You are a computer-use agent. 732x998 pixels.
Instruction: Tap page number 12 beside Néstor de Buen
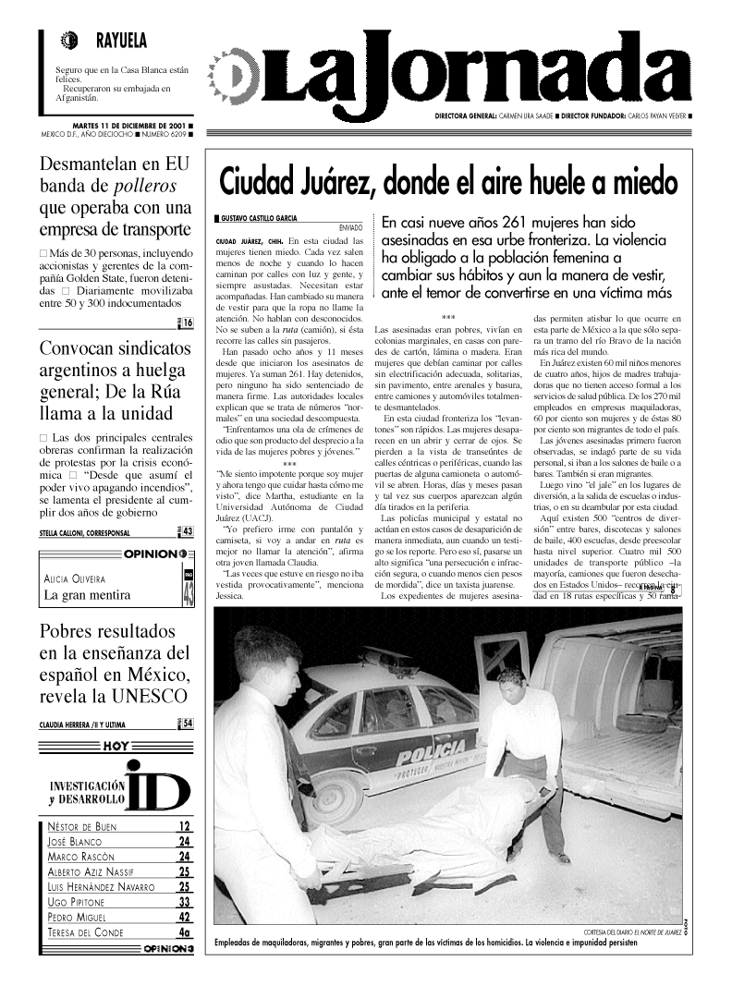tap(184, 827)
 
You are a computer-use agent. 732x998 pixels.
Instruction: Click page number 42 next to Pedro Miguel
tap(184, 917)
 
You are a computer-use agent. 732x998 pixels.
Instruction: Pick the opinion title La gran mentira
tap(87, 595)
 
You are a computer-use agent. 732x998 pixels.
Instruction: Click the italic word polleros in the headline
tap(138, 185)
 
